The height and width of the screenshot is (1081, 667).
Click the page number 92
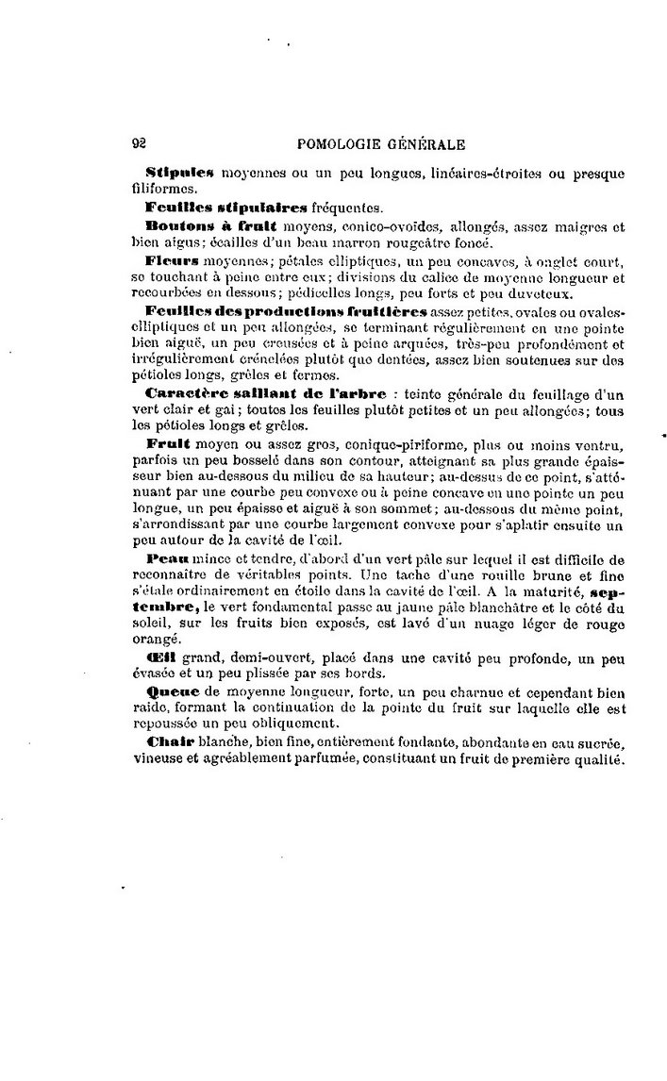138,144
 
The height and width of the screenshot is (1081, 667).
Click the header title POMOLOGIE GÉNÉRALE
380,144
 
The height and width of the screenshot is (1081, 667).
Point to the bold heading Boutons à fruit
211,225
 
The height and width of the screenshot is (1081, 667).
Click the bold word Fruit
170,442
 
